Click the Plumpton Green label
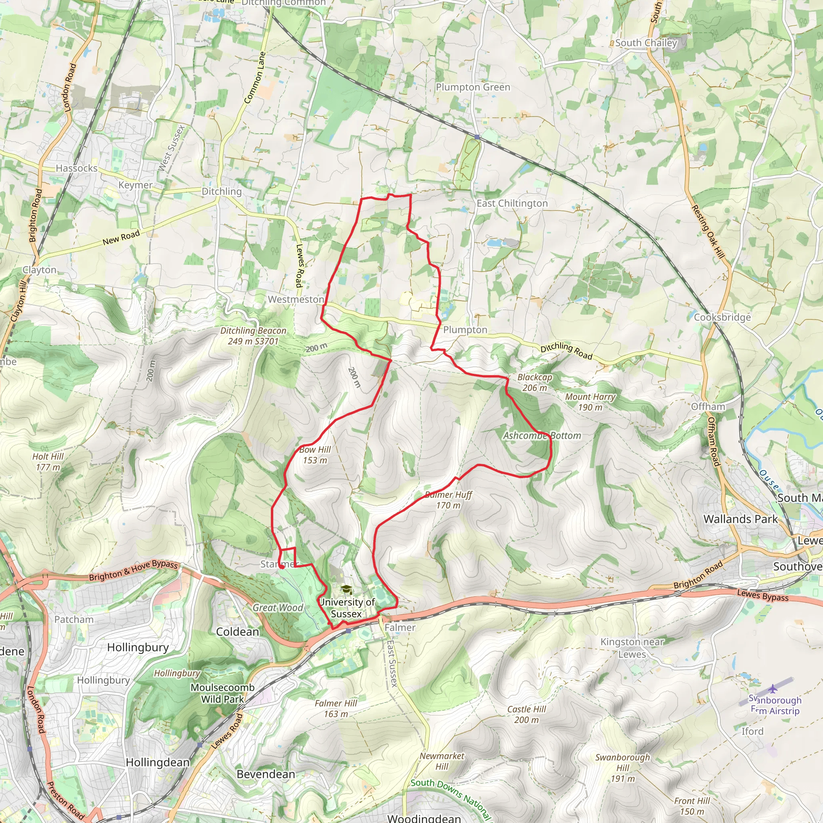click(x=473, y=87)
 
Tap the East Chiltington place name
click(x=512, y=204)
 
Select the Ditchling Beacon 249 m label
click(x=253, y=336)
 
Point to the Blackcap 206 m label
click(x=534, y=383)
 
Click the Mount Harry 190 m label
click(x=590, y=402)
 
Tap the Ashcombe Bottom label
click(x=542, y=436)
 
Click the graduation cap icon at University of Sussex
click(x=346, y=590)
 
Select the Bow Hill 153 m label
click(x=315, y=455)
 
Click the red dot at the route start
click(x=282, y=567)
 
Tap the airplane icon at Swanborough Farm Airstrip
click(x=772, y=688)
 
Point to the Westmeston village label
click(x=296, y=299)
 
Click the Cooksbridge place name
click(x=722, y=317)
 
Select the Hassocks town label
click(x=77, y=168)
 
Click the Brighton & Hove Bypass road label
click(x=133, y=571)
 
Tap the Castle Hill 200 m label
click(x=526, y=714)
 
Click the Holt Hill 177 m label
click(x=48, y=462)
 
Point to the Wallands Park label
click(x=740, y=519)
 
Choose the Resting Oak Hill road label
click(x=708, y=232)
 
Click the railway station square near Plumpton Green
click(x=477, y=137)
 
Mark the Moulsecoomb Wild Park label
click(x=222, y=693)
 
